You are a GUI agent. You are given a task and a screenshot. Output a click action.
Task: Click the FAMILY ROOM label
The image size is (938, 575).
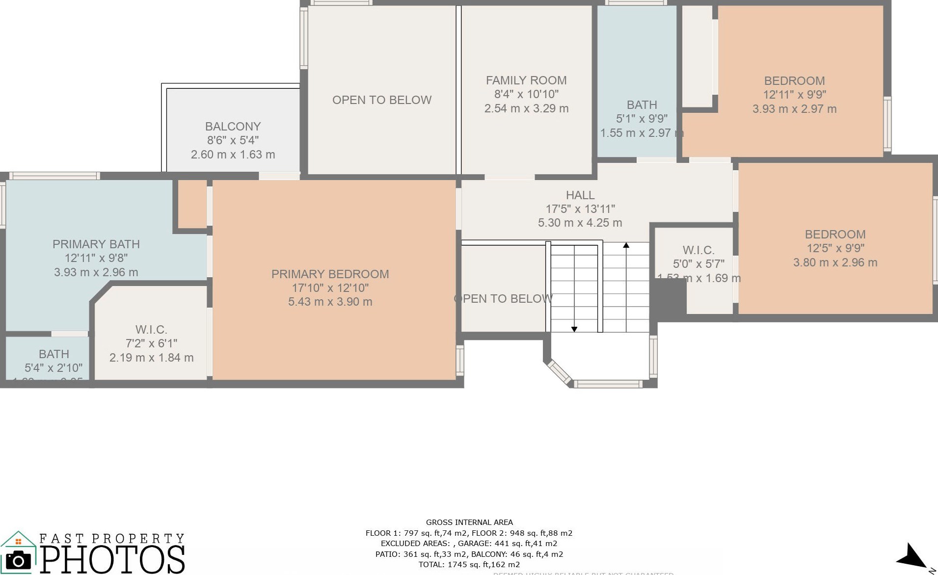point(526,80)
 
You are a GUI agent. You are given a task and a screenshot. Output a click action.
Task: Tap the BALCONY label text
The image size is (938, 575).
point(233,127)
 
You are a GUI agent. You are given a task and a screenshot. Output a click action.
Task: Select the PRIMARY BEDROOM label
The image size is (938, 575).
point(330,274)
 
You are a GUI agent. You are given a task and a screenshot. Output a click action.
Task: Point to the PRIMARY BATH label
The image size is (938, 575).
point(96,244)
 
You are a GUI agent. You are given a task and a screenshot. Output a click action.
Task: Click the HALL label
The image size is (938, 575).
point(580,195)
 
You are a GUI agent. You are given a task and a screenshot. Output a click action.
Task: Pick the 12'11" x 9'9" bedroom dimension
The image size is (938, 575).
point(794,95)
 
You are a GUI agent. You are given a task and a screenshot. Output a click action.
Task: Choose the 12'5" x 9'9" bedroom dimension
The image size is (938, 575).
point(835,248)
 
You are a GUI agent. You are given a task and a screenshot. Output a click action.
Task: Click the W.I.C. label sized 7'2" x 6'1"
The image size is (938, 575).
point(151,330)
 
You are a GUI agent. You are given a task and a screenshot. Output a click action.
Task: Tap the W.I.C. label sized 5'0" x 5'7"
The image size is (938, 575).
point(698,250)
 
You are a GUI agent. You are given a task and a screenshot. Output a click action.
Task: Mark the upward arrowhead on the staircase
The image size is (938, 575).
point(626,245)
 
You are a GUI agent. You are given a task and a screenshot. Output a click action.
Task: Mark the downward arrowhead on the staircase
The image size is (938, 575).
point(574,329)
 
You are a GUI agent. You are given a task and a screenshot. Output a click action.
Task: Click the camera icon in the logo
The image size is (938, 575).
point(18,560)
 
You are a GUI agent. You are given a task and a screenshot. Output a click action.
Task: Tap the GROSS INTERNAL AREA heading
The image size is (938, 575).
point(469,523)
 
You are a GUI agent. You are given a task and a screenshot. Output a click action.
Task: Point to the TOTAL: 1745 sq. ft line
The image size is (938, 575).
point(469,565)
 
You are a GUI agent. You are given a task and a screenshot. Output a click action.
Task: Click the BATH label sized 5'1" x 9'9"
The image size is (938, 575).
point(642,105)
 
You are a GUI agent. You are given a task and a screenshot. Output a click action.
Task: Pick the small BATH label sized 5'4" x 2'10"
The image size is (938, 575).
point(54,354)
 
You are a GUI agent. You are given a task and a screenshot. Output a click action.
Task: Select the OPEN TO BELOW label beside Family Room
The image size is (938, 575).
point(382,100)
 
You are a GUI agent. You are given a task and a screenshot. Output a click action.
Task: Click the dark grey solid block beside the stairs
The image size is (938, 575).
point(668,297)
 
